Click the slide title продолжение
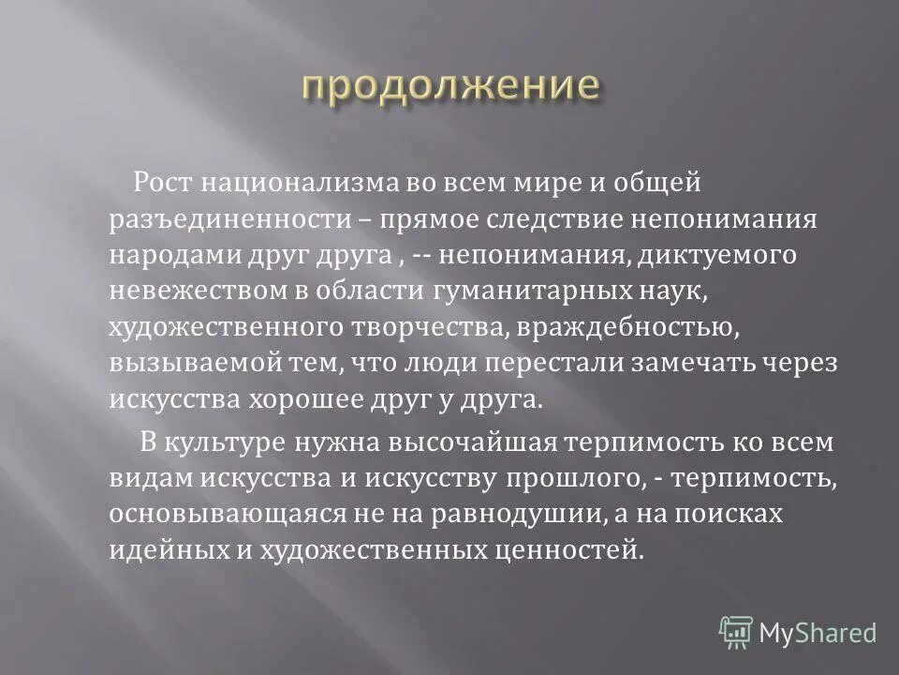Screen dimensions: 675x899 click(x=450, y=84)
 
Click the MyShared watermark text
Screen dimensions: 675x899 click(x=818, y=633)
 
